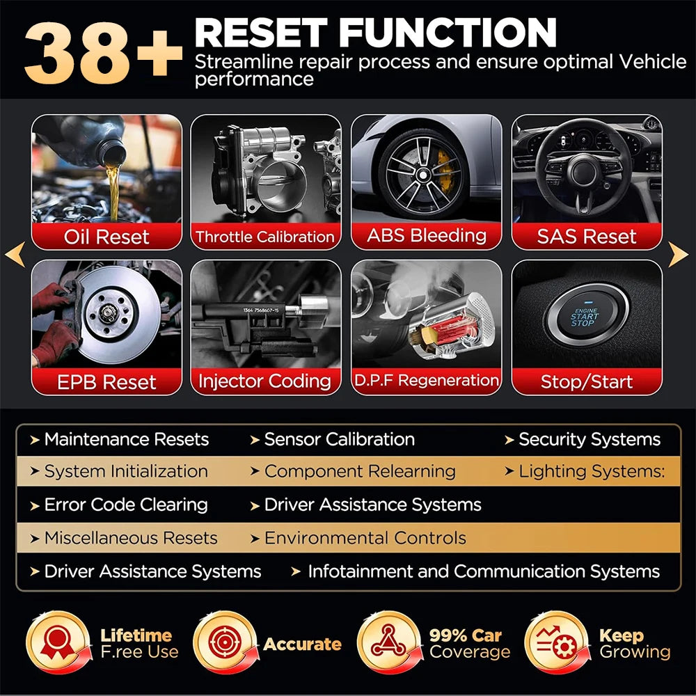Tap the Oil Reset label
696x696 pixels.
106,237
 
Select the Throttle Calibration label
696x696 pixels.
265,237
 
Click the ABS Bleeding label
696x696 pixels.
426,235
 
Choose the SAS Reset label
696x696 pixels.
586,237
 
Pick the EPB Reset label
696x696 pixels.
106,382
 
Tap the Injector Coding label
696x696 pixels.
265,381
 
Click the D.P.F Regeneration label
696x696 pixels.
426,381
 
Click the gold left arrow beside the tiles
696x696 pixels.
15,255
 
